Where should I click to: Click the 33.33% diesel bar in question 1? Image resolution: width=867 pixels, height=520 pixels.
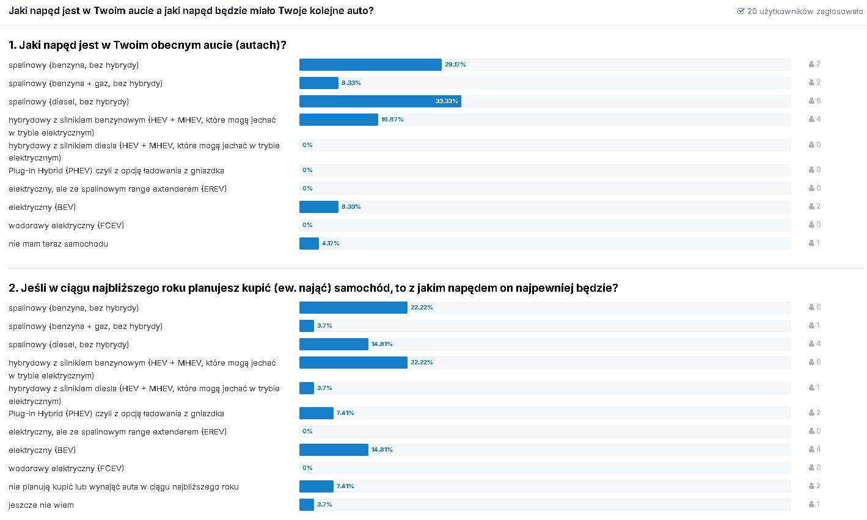pyautogui.click(x=379, y=101)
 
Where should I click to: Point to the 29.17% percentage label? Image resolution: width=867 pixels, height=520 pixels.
pyautogui.click(x=455, y=65)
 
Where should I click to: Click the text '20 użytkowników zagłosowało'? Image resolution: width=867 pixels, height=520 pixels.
pyautogui.click(x=805, y=11)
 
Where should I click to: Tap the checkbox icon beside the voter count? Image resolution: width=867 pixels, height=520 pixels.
pyautogui.click(x=741, y=11)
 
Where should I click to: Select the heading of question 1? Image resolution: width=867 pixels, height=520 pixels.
pyautogui.click(x=147, y=45)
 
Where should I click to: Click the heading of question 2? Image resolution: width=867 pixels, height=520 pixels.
pyautogui.click(x=313, y=288)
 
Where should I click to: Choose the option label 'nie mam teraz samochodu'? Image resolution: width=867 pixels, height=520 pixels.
pyautogui.click(x=58, y=244)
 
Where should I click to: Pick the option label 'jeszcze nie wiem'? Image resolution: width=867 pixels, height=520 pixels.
pyautogui.click(x=41, y=505)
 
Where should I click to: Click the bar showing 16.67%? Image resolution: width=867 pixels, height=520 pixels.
pyautogui.click(x=338, y=120)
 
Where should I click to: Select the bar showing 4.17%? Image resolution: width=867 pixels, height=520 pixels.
pyautogui.click(x=309, y=244)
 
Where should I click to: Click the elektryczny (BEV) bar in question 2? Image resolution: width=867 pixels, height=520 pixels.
pyautogui.click(x=334, y=450)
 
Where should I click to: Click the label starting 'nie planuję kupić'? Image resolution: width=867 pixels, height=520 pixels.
pyautogui.click(x=123, y=487)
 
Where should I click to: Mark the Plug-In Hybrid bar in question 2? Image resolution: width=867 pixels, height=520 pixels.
pyautogui.click(x=316, y=413)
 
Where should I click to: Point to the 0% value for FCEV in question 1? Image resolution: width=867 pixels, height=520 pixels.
pyautogui.click(x=307, y=225)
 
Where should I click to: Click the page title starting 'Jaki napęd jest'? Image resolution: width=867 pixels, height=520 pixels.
pyautogui.click(x=191, y=11)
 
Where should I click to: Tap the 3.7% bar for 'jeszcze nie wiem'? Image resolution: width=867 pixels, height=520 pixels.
pyautogui.click(x=307, y=505)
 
